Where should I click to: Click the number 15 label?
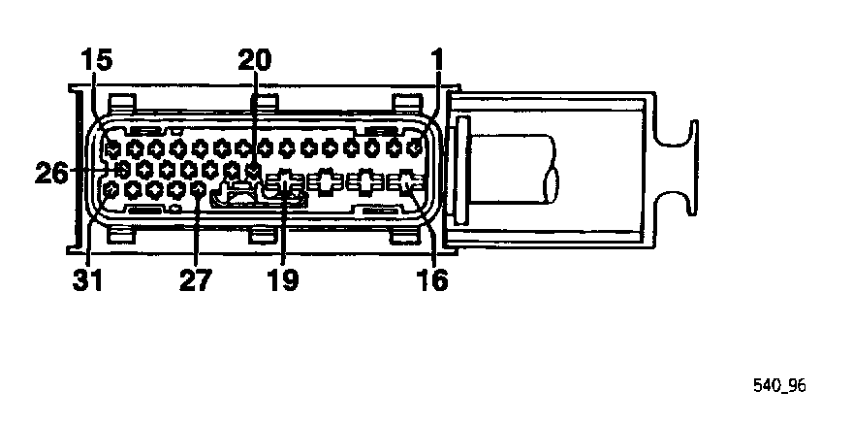point(97,60)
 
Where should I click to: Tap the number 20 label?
point(255,60)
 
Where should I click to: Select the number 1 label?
point(437,60)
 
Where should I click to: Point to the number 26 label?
point(51,173)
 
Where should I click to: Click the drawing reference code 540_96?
point(779,385)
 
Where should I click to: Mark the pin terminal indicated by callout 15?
point(113,149)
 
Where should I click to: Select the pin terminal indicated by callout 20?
point(254,170)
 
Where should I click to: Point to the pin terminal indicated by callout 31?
point(112,189)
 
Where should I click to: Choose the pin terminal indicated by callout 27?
point(199,189)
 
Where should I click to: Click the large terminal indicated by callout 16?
point(409,180)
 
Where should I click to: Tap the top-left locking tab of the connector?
point(121,102)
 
